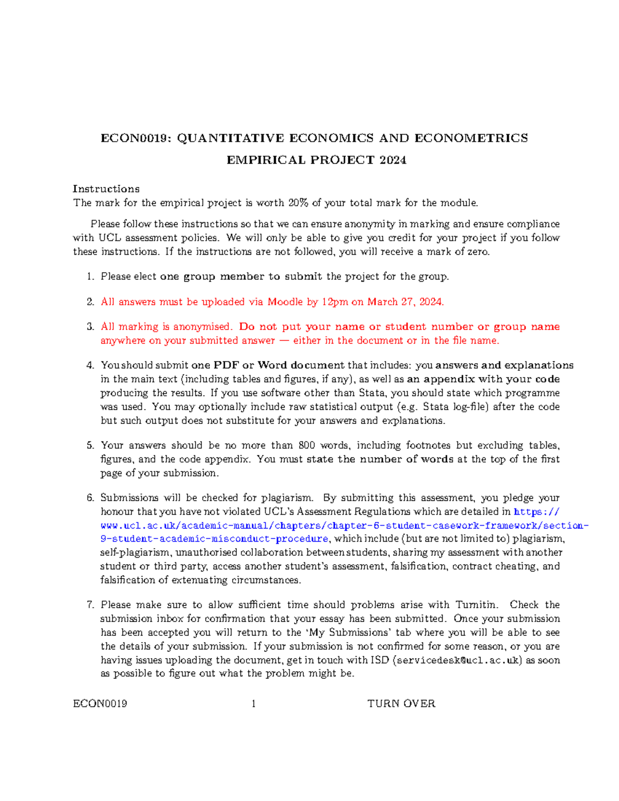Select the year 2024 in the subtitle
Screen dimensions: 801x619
coord(393,160)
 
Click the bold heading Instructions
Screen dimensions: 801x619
coord(106,189)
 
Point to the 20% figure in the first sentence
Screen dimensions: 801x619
coord(298,203)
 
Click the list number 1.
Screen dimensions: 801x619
coord(90,276)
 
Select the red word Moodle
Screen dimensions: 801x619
coord(285,302)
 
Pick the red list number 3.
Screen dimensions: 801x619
coord(90,326)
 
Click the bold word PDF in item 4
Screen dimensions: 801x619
coord(226,365)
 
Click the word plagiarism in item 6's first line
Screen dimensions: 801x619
coord(287,498)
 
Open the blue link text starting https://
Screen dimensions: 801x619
coord(536,512)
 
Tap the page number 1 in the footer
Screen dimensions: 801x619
coord(253,704)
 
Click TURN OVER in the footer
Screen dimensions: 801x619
coord(401,704)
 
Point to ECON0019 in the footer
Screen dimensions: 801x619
coord(100,704)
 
